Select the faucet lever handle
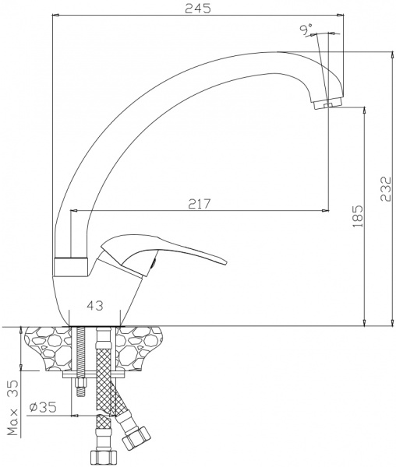[171, 251]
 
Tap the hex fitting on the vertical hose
[101, 457]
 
